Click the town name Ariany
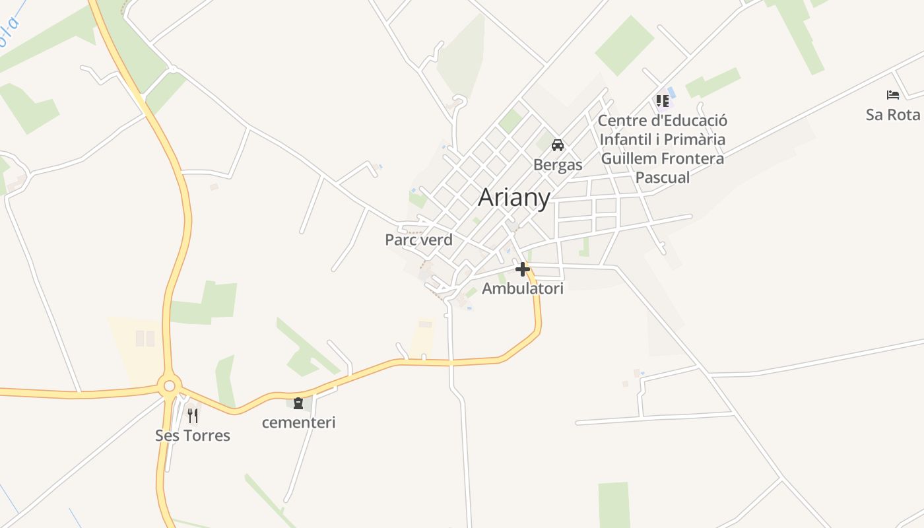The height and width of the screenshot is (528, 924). (x=513, y=197)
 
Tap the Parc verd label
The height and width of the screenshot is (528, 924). (x=418, y=240)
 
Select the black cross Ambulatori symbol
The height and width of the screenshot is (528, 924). (x=523, y=269)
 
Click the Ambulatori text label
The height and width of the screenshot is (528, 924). (x=523, y=288)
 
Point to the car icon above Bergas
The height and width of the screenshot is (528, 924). (x=558, y=145)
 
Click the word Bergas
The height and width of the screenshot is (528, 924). (x=558, y=164)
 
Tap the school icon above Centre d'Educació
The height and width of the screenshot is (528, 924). (x=663, y=101)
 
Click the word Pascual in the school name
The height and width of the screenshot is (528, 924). (x=662, y=178)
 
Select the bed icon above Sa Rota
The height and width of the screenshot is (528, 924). (x=893, y=95)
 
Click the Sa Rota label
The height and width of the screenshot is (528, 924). (x=893, y=115)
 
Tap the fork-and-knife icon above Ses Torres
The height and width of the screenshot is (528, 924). (x=193, y=415)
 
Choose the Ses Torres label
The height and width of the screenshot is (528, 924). (x=193, y=436)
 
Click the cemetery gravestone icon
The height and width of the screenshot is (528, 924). (x=298, y=403)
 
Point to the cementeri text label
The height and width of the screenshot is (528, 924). (x=298, y=422)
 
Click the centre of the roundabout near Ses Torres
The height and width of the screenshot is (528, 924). (x=169, y=385)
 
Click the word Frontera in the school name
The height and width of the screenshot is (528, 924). (x=692, y=158)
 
